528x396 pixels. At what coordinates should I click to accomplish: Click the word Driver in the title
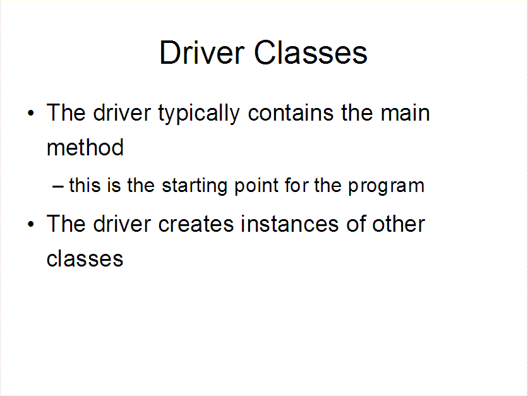coord(201,52)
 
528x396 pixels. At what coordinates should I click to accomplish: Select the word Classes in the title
coord(311,52)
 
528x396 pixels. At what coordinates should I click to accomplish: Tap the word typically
coord(199,114)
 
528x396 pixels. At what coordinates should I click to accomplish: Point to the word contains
coord(291,112)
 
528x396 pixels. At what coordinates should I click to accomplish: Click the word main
coord(405,112)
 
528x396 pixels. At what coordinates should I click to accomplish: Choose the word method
coord(85,147)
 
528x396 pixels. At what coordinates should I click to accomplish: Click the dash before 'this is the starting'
coord(58,186)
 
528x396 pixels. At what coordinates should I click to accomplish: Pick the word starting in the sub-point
coord(195,186)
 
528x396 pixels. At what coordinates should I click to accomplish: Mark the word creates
coord(196,224)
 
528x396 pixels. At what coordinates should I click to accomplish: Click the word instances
coord(290,224)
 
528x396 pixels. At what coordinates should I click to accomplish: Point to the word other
coord(399,224)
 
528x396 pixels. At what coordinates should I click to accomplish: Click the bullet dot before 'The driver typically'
coord(31,113)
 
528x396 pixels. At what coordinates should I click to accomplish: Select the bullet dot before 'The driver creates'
coord(31,224)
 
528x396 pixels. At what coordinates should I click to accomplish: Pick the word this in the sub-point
coord(85,185)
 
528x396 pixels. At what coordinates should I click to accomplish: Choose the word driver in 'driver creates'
coord(121,224)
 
